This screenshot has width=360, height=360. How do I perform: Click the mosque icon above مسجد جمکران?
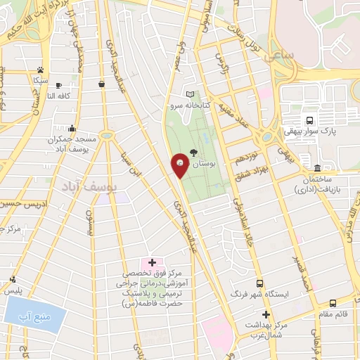click(x=72, y=128)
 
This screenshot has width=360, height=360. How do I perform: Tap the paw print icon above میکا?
click(x=41, y=70)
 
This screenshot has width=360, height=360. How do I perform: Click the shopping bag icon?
click(x=103, y=84)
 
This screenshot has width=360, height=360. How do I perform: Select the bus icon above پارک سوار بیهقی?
click(x=309, y=120)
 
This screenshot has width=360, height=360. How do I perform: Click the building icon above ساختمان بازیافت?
click(x=317, y=167)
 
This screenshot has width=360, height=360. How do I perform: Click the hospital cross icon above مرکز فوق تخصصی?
click(x=152, y=262)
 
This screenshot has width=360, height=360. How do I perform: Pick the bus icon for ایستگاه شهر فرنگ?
click(x=259, y=283)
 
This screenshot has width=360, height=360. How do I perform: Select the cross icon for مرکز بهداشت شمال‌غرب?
click(x=266, y=314)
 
